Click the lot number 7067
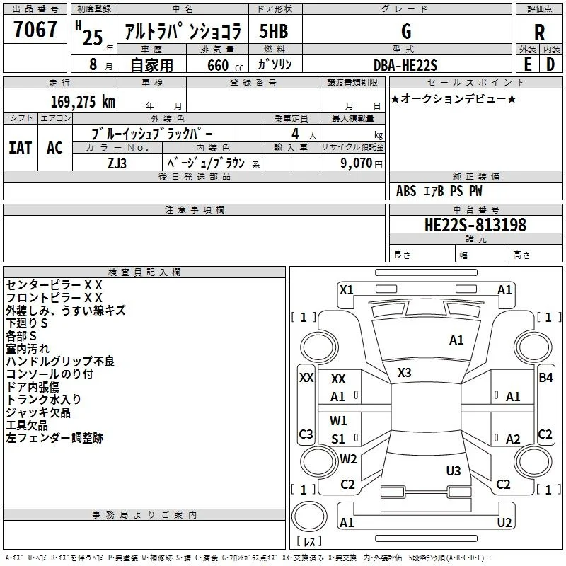point(35,30)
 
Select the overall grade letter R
point(539,33)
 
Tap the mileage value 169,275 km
point(83,102)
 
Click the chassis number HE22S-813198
point(475,225)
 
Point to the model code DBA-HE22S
point(405,65)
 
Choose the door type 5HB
point(274,31)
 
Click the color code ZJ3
point(117,163)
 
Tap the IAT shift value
point(21,148)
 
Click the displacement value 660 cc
point(225,66)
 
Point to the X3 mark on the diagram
point(404,373)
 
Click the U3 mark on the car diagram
point(454,470)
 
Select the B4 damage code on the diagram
point(545,378)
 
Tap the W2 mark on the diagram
point(348,458)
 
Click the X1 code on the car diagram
point(346,290)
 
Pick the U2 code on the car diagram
point(504,522)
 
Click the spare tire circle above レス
point(309,516)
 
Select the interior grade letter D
point(550,64)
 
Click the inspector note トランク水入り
point(43,399)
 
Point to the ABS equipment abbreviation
point(406,191)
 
